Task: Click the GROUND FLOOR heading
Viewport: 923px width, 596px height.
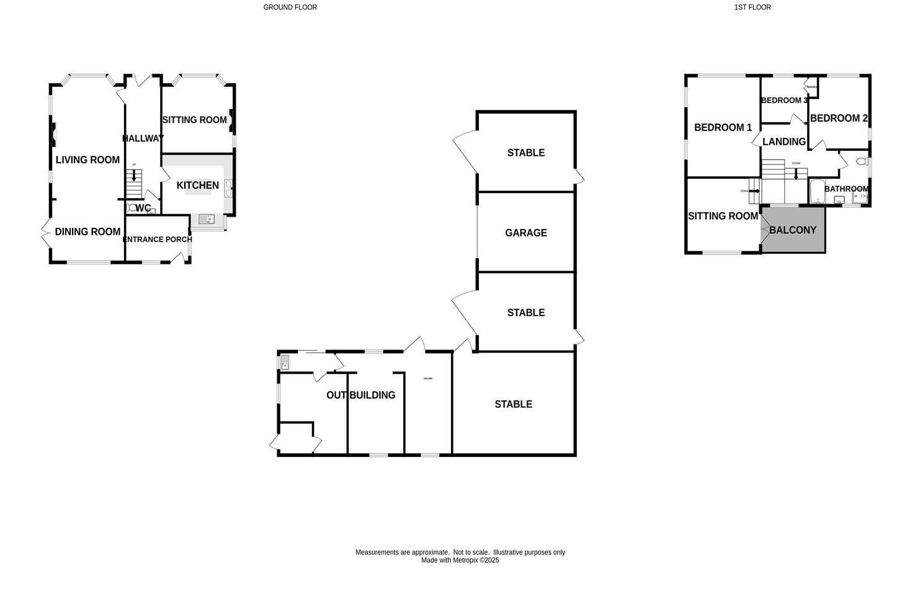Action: pos(290,7)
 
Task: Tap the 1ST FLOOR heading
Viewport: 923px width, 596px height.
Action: pos(752,7)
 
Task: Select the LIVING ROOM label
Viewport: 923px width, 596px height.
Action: pos(87,160)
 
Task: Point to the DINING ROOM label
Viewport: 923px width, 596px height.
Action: pos(87,232)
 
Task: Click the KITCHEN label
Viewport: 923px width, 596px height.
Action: pos(197,186)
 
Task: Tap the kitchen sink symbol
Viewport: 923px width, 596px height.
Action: pos(207,219)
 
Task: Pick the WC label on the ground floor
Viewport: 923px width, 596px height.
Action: pos(143,208)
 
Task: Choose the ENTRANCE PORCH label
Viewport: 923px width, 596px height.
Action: pos(158,240)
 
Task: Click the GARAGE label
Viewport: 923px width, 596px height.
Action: pos(525,233)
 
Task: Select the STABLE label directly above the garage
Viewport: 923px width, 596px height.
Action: pos(525,153)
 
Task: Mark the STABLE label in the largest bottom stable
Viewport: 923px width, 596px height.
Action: pos(513,404)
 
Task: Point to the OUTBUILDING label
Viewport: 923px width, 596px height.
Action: pos(360,395)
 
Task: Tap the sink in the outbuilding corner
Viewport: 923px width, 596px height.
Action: pos(285,362)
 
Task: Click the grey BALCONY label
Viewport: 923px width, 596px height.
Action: pos(792,230)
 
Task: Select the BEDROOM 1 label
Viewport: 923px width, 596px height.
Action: pos(723,128)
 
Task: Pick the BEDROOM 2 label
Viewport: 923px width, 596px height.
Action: pos(838,119)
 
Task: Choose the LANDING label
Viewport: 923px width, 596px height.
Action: pos(783,142)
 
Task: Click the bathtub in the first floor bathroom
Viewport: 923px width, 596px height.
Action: pos(817,192)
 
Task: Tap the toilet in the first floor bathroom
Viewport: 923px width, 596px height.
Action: pos(861,162)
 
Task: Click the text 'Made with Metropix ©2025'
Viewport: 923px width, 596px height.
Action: pos(460,561)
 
